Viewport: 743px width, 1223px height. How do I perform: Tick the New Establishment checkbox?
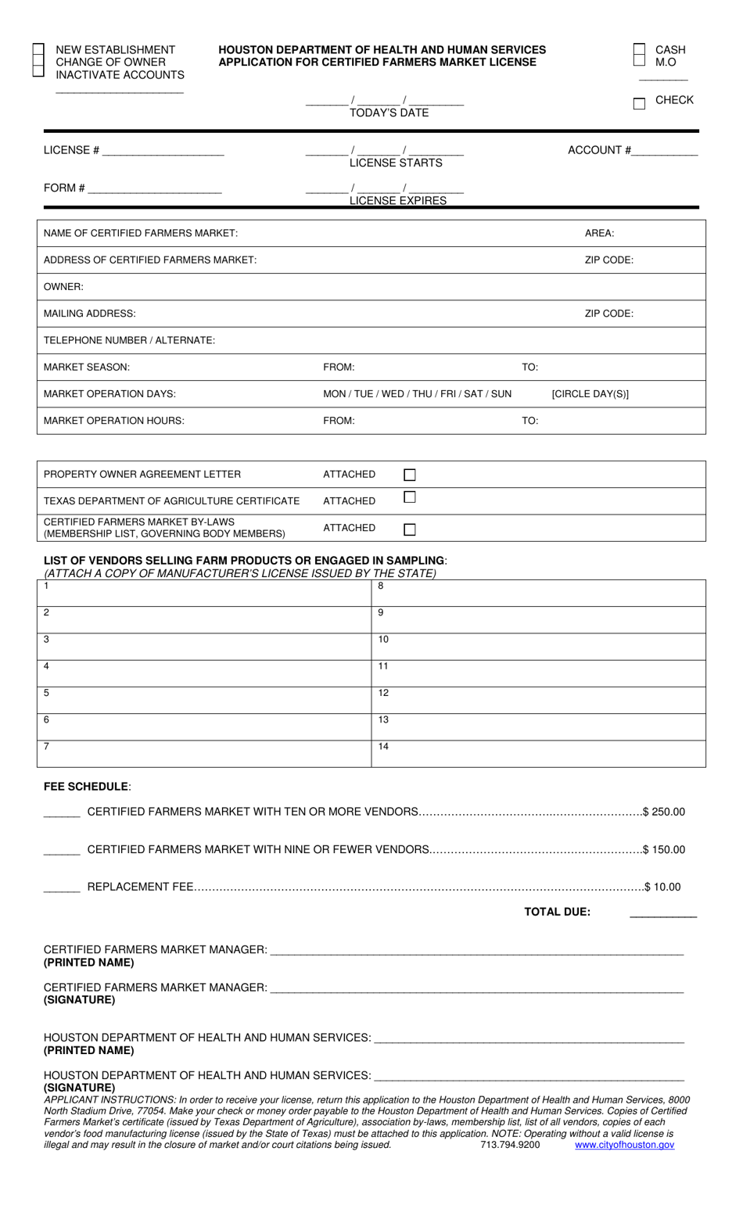tap(38, 48)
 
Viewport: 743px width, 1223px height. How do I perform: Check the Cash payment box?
tap(639, 48)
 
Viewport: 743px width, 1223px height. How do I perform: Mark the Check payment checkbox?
tap(639, 103)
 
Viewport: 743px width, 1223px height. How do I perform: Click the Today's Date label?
tap(389, 113)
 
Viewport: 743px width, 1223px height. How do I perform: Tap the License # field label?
tap(71, 150)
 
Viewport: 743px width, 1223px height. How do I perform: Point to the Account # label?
tap(599, 150)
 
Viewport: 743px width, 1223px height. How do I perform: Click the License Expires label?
tap(398, 200)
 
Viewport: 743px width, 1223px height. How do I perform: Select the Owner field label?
tap(63, 287)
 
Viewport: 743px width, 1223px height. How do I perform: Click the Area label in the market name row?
tap(599, 233)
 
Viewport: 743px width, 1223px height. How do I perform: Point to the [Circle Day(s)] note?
tap(590, 394)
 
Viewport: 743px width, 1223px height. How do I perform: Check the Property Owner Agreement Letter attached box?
tap(410, 475)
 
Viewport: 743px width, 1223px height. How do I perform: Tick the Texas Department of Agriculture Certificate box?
tap(410, 497)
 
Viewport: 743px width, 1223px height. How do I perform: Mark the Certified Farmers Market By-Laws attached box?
tap(410, 529)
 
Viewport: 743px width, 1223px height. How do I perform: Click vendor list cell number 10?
tap(538, 647)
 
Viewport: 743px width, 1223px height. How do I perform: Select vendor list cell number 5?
tap(203, 700)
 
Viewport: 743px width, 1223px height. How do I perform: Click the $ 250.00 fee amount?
tap(663, 812)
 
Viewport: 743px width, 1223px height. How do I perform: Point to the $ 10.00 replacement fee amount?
tap(662, 887)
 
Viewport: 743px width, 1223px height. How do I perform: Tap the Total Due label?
tap(557, 912)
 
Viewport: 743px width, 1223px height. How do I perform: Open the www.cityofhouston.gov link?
tap(624, 1145)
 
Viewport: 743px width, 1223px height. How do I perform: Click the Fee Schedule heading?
tap(86, 787)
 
